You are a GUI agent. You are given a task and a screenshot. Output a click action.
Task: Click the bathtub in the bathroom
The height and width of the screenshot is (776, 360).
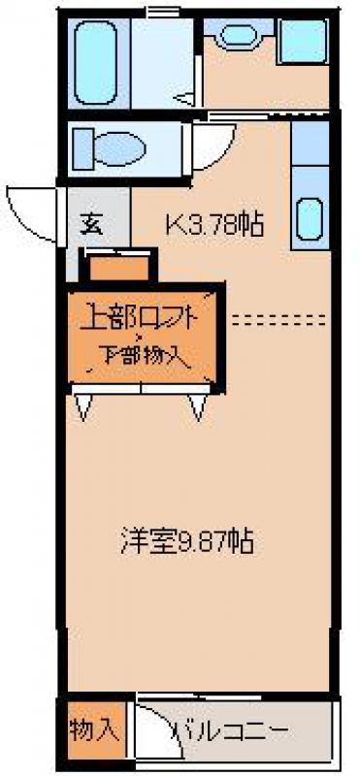pyautogui.click(x=96, y=62)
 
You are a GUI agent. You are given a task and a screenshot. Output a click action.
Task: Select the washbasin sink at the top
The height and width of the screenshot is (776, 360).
pyautogui.click(x=239, y=35)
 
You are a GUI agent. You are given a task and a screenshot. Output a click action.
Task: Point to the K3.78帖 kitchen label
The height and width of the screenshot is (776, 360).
pyautogui.click(x=213, y=225)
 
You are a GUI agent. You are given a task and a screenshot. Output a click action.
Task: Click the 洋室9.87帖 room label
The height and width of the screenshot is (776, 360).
pyautogui.click(x=187, y=542)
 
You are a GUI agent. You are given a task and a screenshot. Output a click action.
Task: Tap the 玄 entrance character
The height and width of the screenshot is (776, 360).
pyautogui.click(x=91, y=225)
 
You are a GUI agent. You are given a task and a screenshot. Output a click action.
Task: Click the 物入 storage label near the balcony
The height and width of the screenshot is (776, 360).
pyautogui.click(x=94, y=730)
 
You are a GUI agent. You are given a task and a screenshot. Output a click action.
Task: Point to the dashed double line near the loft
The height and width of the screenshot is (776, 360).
pyautogui.click(x=279, y=320)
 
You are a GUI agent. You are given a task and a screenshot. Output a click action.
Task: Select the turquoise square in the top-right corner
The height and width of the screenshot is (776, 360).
pyautogui.click(x=303, y=40)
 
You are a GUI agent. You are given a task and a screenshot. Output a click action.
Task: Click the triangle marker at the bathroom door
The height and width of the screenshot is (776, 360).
pyautogui.click(x=185, y=100)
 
